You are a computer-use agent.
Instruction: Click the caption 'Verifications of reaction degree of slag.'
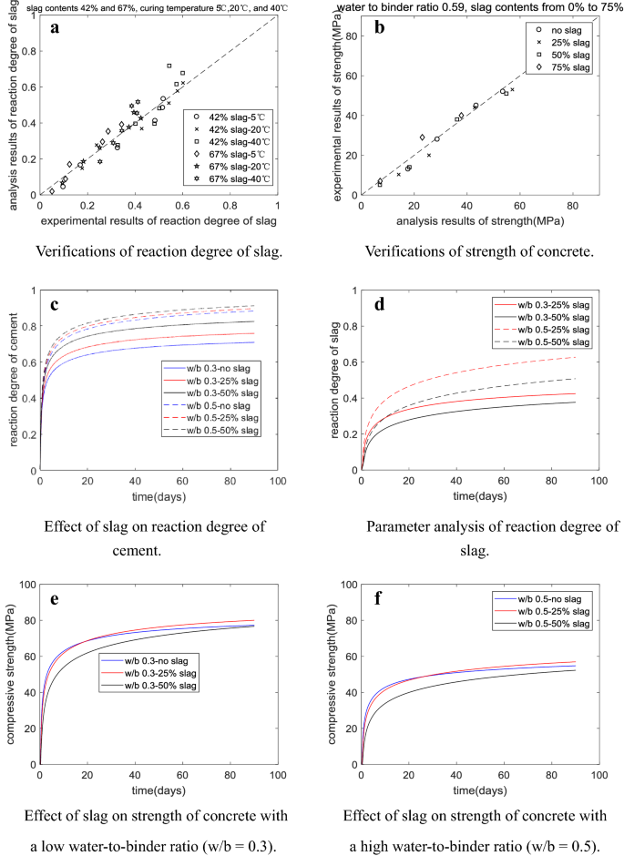click(156, 251)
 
